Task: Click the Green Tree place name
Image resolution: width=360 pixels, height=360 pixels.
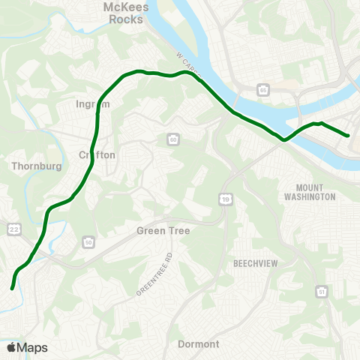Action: pos(163,231)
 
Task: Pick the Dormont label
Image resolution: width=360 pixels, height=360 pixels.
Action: pos(199,344)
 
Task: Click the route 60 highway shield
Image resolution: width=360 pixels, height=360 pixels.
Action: pos(173,139)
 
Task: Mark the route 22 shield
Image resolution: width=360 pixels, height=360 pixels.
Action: pos(13,227)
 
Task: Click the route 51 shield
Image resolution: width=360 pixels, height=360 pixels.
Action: pos(322,291)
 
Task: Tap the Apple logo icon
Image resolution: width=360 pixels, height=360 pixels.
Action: pos(11,347)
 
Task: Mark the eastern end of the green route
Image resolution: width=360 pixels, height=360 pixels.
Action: pos(348,136)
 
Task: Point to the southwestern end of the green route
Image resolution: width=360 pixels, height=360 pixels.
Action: pos(12,287)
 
